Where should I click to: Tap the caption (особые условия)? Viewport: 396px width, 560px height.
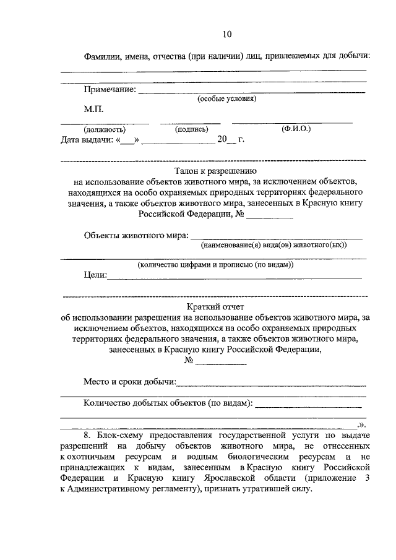pyautogui.click(x=226, y=99)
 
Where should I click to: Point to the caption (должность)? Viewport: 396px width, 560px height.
pyautogui.click(x=105, y=129)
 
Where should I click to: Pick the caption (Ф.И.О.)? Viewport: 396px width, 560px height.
pyautogui.click(x=295, y=129)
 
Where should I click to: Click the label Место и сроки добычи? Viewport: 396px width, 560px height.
pyautogui.click(x=129, y=382)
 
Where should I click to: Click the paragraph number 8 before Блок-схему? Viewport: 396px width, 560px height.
pyautogui.click(x=86, y=436)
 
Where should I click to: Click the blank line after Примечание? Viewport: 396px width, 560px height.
pyautogui.click(x=251, y=92)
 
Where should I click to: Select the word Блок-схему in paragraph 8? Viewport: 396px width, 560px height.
pyautogui.click(x=121, y=436)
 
